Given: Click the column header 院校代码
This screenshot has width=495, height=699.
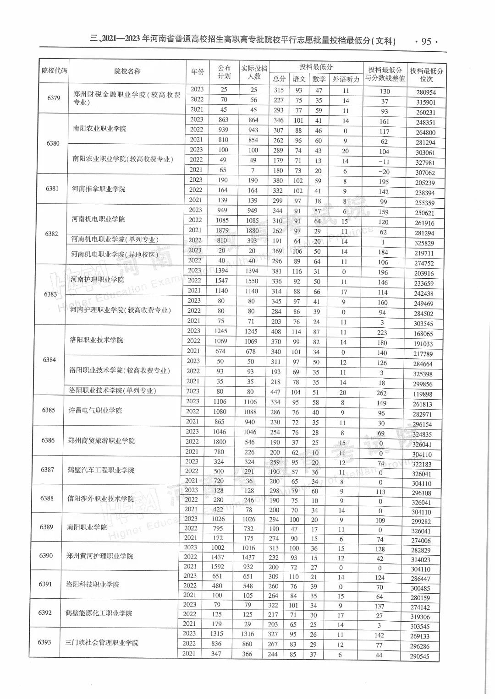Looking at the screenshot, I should pos(54,70).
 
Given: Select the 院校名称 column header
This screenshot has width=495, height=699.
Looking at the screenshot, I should pos(127,71).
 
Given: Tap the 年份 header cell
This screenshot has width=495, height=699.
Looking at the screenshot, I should pos(198,71).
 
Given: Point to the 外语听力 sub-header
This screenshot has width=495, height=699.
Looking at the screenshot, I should pos(346,79).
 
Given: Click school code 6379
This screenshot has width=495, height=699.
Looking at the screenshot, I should pos(54,98).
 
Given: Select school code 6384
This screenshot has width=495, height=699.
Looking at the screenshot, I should pos(49,360).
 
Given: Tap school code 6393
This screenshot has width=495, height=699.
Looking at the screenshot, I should pos(44,642).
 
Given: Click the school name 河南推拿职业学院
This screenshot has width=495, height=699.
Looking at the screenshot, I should pos(99,189).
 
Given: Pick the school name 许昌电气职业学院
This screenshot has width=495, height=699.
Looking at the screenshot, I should pos(95,411).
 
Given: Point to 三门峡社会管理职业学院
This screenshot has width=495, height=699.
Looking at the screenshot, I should pos(102,643).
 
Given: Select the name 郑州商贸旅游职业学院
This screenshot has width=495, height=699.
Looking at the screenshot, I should pos(101,441).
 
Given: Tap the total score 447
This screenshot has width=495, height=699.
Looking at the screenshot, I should pos(275,392).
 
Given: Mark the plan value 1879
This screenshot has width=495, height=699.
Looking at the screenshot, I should pos(222,230).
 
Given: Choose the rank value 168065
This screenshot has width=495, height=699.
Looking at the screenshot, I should pos(423,334).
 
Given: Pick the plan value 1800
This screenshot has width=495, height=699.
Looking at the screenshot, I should pos(220,442).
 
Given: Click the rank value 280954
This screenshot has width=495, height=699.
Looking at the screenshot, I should pos(426,92).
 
